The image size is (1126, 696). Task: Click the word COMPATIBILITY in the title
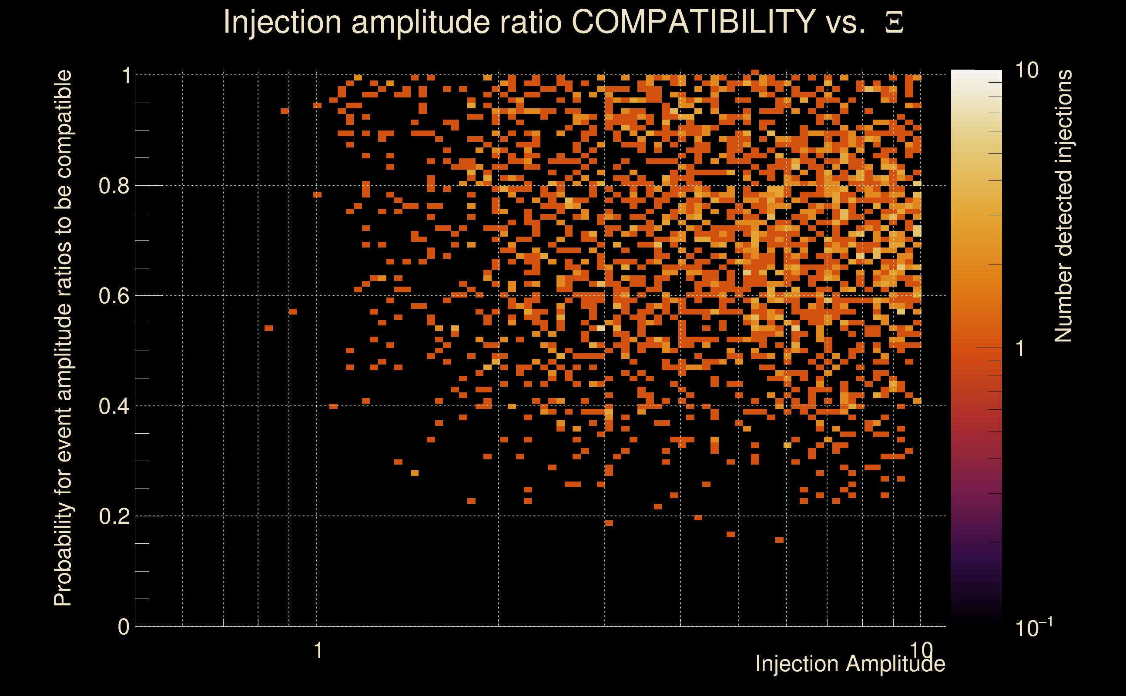693,22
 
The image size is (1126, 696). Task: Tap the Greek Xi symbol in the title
894,23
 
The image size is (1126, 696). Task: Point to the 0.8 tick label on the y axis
114,186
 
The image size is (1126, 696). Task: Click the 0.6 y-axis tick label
114,296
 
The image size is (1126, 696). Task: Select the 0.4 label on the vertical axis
114,406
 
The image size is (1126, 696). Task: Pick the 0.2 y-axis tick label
114,516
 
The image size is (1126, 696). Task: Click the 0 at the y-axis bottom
124,627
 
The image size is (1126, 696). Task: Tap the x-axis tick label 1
318,650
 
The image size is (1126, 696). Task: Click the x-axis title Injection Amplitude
850,664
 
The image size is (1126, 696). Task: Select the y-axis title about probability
63,338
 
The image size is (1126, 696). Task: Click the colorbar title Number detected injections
1063,206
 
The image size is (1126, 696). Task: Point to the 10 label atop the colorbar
1026,70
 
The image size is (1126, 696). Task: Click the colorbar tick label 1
1020,348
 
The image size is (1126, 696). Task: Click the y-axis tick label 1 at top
127,76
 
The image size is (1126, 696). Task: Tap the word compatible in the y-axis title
63,124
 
